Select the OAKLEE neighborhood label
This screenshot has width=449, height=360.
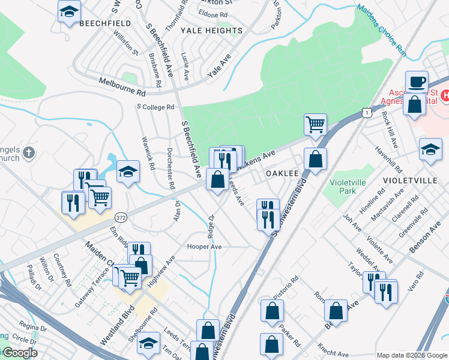282,173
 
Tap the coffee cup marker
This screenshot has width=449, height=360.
416,81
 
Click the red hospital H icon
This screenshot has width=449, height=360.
445,95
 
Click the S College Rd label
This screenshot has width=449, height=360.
155,107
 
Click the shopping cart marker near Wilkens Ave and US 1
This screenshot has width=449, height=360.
315,124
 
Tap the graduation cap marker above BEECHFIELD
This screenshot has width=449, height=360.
69,11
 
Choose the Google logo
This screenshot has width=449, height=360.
19,352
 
